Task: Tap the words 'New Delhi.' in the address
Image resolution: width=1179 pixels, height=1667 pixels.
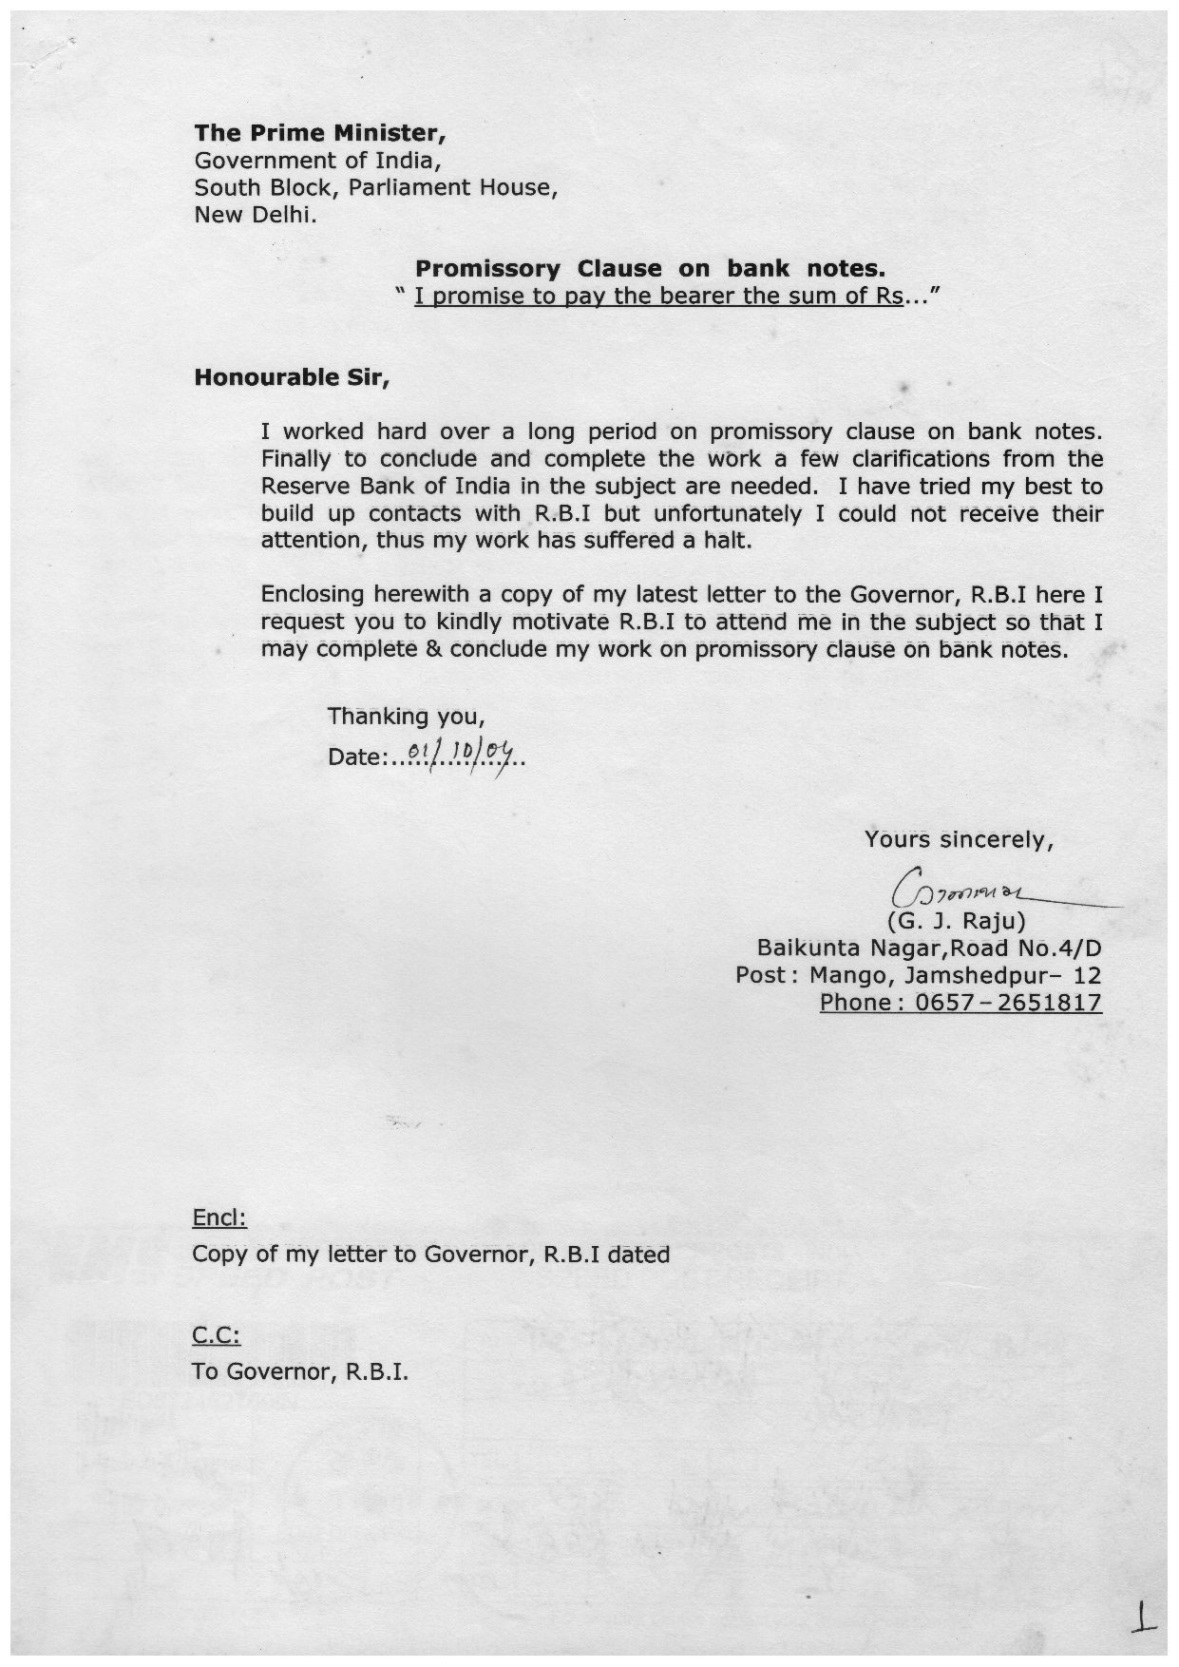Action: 256,215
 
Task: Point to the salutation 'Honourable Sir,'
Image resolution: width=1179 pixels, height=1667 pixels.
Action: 292,377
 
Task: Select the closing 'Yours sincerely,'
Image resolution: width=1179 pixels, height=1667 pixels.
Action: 959,839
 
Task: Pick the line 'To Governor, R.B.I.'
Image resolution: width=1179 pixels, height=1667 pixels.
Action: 300,1371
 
